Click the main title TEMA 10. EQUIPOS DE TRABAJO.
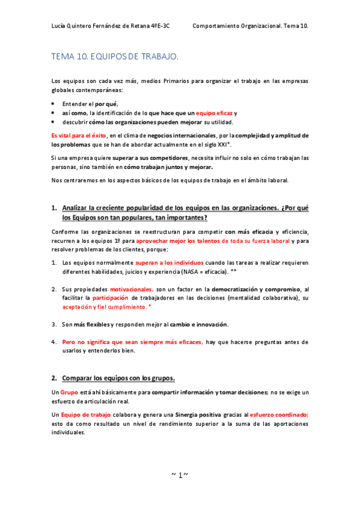tap(115, 57)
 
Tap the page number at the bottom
tap(180, 475)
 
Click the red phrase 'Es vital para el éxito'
tap(74, 136)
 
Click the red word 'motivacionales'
tap(132, 289)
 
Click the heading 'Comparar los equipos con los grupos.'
tap(118, 378)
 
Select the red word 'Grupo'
tap(69, 393)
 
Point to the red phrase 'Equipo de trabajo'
tap(89, 415)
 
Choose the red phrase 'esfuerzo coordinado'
tap(278, 415)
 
